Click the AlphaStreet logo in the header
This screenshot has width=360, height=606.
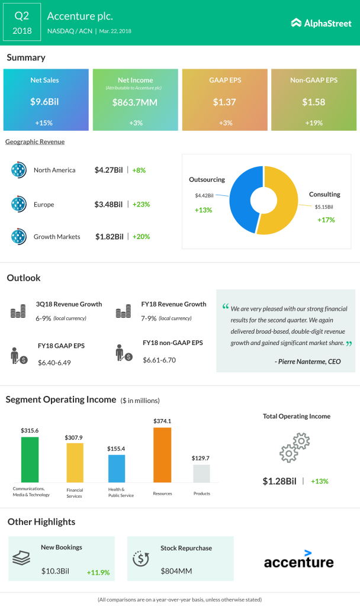[x=320, y=22]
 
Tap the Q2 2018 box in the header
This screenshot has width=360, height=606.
[x=22, y=22]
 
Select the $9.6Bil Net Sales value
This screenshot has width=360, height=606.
[x=45, y=102]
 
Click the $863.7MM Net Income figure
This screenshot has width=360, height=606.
[x=135, y=102]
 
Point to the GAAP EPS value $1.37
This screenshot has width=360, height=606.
[x=224, y=102]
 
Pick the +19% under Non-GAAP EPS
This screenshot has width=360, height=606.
[x=314, y=123]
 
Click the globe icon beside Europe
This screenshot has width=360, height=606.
[x=19, y=204]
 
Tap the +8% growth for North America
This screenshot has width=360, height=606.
[x=139, y=170]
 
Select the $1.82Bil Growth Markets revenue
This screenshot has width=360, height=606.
[x=110, y=237]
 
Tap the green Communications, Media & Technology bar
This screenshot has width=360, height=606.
[x=30, y=459]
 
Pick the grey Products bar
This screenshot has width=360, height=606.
[x=201, y=473]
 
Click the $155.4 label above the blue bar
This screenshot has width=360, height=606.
[x=116, y=449]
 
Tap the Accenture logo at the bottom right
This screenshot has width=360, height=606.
[x=298, y=559]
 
